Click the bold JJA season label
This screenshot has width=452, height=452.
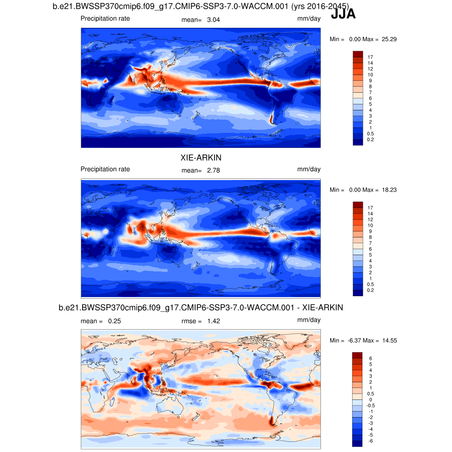tap(343, 15)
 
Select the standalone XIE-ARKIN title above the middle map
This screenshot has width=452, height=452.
tap(201, 158)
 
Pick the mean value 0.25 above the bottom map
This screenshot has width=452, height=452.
tap(114, 321)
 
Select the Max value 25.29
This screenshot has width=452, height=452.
tap(388, 39)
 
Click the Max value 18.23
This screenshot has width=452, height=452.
tap(388, 190)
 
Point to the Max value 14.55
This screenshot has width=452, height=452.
tap(388, 340)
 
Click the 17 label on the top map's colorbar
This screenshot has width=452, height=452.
tap(370, 57)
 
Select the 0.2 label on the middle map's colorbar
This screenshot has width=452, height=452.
tap(370, 290)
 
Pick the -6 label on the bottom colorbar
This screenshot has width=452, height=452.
tap(370, 441)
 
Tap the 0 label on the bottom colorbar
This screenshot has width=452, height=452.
tap(370, 399)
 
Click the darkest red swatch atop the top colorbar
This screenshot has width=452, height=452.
tap(358, 54)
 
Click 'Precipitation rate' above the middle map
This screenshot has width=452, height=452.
tap(105, 169)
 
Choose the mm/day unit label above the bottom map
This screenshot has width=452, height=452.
tap(309, 320)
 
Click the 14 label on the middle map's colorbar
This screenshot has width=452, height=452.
tap(370, 213)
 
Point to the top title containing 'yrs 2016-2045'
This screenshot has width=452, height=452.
tap(200, 6)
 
